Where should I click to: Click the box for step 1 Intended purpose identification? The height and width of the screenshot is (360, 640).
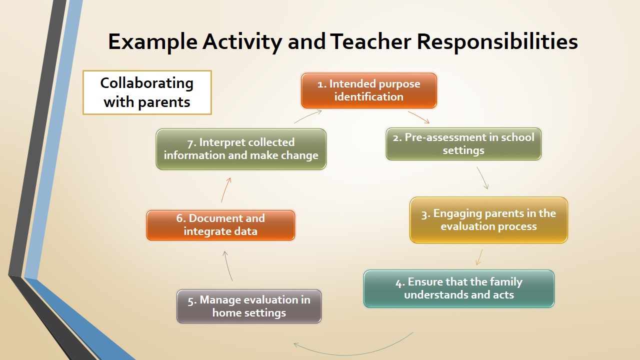[369, 90]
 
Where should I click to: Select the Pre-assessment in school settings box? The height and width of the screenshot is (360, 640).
[463, 144]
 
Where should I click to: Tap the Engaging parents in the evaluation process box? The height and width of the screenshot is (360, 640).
[488, 220]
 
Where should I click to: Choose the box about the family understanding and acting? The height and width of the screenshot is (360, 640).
[459, 288]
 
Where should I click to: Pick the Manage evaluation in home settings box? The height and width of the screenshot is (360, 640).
[249, 306]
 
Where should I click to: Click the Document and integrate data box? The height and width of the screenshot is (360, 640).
[220, 225]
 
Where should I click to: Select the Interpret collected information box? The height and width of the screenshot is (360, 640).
[241, 149]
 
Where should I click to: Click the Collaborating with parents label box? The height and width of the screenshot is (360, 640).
[147, 92]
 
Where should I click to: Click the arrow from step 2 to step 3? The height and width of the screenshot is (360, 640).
[483, 177]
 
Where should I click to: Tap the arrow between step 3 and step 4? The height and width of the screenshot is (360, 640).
[479, 257]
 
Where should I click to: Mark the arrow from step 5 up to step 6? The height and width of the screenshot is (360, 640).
[227, 265]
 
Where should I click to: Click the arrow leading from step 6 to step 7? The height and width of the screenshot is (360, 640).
[225, 189]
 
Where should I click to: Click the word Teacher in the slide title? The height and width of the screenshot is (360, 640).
[370, 41]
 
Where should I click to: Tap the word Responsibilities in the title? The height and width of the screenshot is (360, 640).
[497, 42]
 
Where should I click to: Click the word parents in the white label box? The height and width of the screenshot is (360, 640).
[164, 102]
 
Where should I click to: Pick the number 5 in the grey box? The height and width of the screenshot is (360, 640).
[190, 301]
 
